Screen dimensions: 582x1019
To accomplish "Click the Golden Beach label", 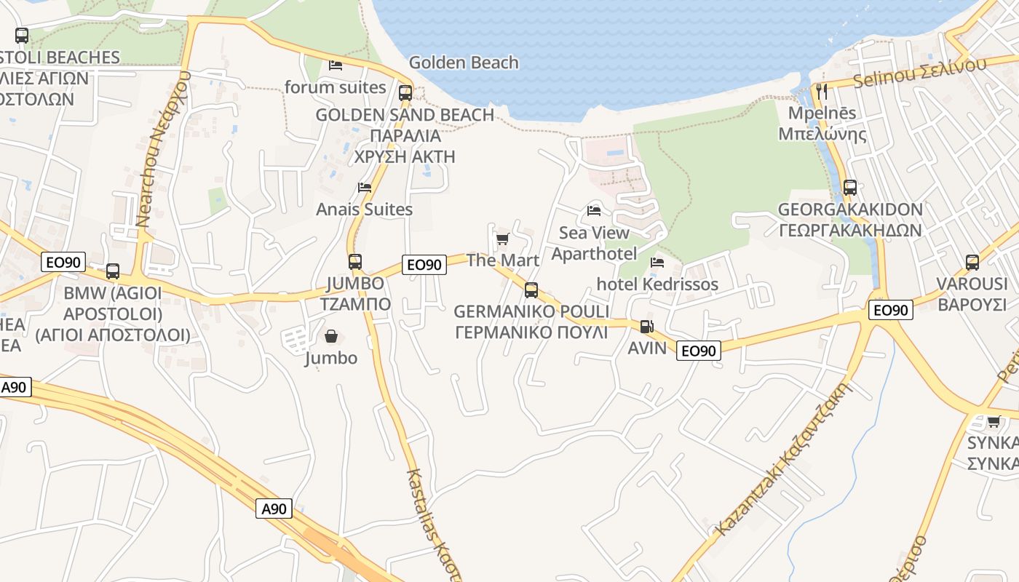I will [x=464, y=63].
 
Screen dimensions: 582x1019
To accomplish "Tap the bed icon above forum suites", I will [x=336, y=65].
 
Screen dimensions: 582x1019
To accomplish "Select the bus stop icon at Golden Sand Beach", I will [x=405, y=93].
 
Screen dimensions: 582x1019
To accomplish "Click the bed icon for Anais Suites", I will [x=365, y=187].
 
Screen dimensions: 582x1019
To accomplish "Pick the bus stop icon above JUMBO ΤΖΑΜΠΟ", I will [x=355, y=262].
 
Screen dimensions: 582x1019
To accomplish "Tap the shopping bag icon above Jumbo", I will [x=331, y=336].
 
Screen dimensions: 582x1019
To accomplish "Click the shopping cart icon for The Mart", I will [x=502, y=239].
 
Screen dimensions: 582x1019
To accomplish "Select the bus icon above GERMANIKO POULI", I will [x=531, y=290].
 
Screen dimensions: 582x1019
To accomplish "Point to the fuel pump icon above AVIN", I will [x=646, y=327].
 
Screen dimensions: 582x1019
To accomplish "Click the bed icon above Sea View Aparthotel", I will [x=594, y=211].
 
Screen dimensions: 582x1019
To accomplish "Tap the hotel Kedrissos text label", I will [x=657, y=284].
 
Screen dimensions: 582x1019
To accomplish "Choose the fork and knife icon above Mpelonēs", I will [x=822, y=92].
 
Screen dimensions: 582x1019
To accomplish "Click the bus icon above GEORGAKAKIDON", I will [x=850, y=188].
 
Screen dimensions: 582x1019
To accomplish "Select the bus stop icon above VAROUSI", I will [x=972, y=263].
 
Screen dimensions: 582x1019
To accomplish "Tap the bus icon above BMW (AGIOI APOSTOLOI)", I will [x=113, y=271].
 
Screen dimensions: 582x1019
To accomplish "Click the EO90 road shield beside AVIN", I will [x=699, y=351].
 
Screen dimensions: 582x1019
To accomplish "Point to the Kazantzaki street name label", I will [x=783, y=458].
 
